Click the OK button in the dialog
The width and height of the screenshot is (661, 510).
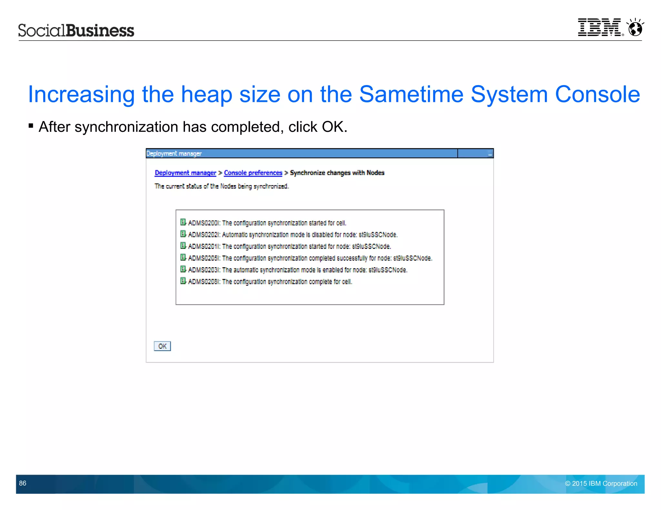point(162,346)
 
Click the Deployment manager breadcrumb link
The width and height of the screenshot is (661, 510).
point(185,173)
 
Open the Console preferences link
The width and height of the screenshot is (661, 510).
point(253,173)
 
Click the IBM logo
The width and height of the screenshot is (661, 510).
point(599,27)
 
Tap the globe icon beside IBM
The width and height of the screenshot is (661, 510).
point(635,28)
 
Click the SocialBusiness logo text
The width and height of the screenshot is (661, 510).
point(76,30)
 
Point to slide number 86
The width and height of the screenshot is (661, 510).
point(23,483)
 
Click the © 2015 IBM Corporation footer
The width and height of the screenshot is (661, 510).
point(601,484)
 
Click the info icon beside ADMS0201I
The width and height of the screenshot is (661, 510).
point(183,246)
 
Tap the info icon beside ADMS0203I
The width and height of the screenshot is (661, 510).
point(183,269)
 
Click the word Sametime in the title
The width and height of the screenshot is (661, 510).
point(411,94)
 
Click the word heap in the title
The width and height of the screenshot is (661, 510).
point(207,94)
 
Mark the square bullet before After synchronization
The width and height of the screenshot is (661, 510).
point(31,126)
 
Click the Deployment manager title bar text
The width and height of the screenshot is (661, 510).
point(174,154)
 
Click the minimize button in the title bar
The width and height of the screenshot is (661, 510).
point(490,154)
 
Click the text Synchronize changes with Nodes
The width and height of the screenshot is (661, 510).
point(337,173)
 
